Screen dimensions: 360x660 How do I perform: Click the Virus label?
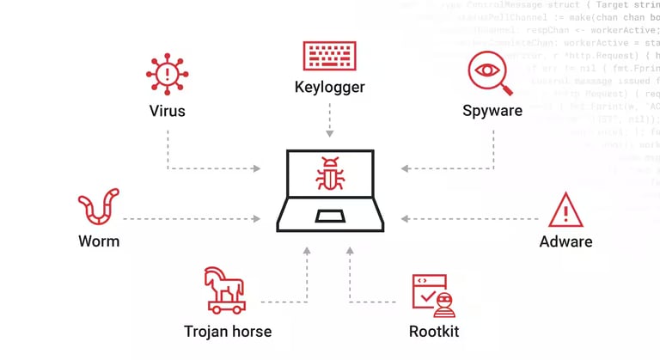(x=167, y=111)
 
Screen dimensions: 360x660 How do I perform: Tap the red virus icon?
(x=167, y=74)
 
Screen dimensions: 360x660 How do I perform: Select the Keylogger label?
(x=329, y=87)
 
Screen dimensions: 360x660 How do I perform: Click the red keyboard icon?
(x=329, y=56)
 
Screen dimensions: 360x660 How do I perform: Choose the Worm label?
(x=99, y=241)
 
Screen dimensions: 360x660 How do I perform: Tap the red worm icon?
(x=99, y=209)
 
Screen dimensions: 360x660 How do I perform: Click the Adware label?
(x=565, y=241)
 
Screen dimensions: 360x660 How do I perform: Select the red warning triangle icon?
(x=565, y=210)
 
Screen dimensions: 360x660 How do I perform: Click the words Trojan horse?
(x=228, y=331)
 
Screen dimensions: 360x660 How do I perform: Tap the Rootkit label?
(x=433, y=331)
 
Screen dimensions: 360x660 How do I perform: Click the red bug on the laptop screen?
(x=329, y=174)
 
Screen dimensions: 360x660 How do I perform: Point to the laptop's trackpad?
(x=329, y=216)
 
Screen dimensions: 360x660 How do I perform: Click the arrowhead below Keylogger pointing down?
(x=329, y=133)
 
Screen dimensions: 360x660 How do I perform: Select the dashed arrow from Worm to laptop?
(x=193, y=219)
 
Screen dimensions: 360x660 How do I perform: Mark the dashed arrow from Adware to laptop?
(x=468, y=219)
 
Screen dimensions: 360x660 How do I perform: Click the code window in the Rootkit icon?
(x=427, y=288)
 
